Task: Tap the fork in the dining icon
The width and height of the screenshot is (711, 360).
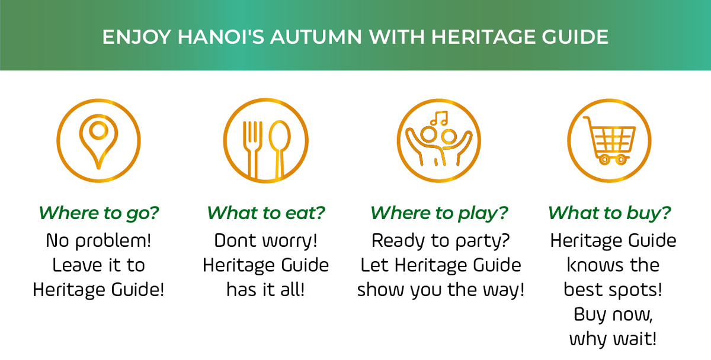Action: coord(252,149)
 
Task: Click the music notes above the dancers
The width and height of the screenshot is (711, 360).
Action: coord(439,118)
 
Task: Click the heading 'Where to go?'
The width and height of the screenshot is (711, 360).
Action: coord(98,213)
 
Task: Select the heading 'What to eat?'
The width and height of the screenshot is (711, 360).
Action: coord(266,213)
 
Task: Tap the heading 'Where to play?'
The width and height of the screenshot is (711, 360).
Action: coord(439,213)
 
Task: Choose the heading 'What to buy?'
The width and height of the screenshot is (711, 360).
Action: coord(610,213)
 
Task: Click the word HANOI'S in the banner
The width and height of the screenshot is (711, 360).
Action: coord(220,37)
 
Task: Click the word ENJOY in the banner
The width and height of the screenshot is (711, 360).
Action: coord(137,37)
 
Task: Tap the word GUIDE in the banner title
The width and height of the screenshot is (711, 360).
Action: coord(575,37)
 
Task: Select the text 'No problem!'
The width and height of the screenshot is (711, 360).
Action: coord(98,240)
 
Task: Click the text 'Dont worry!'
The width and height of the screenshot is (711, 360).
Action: coord(265,240)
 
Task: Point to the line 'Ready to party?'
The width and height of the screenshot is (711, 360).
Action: coord(441,240)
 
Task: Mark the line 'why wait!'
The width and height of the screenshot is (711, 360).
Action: coord(613,339)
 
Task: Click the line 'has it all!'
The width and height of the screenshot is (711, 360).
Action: coord(265,290)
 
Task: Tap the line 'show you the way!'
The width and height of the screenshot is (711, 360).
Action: coord(441,290)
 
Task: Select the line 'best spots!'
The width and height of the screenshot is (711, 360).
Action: coord(613,290)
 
